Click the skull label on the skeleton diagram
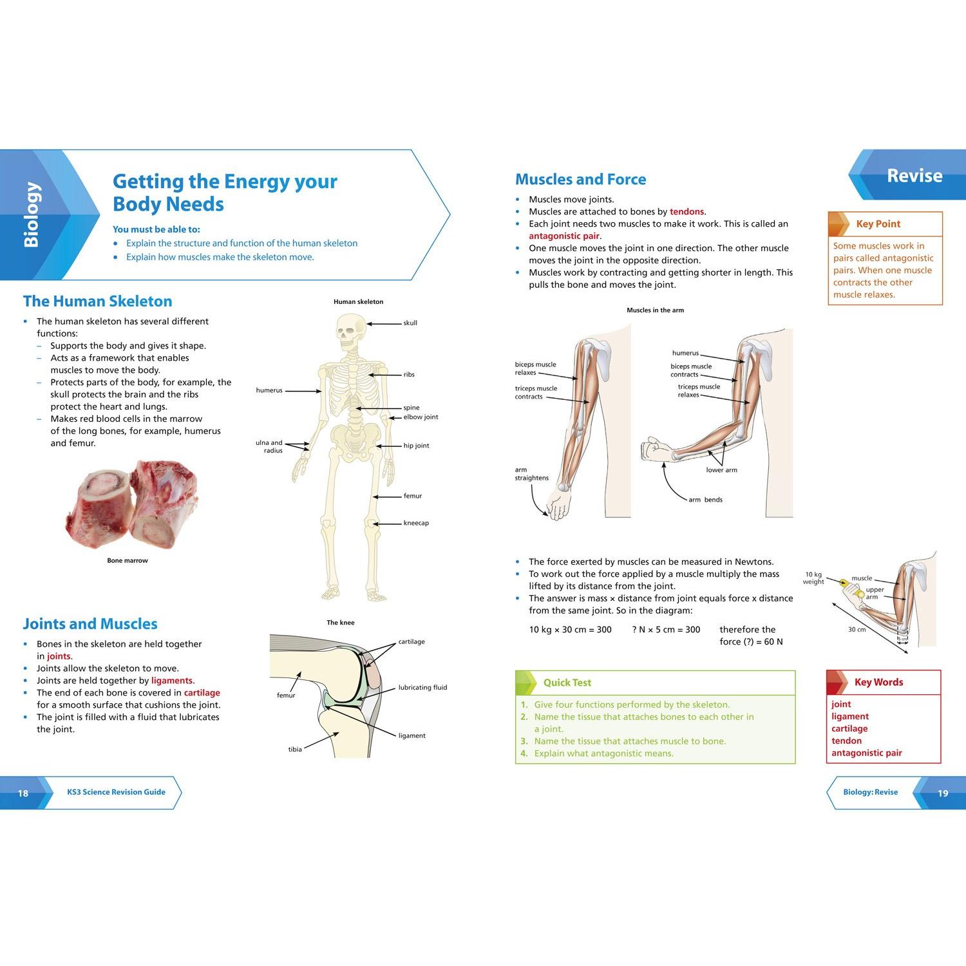(x=410, y=323)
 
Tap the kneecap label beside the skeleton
(x=416, y=523)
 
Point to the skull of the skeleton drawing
(x=351, y=332)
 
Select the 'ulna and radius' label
(x=269, y=446)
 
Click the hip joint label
(x=416, y=446)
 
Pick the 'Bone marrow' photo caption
(x=128, y=560)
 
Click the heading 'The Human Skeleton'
(x=98, y=301)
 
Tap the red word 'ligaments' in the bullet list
(x=172, y=681)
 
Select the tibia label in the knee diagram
(x=295, y=749)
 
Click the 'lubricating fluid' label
(x=422, y=687)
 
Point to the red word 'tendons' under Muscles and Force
(x=687, y=211)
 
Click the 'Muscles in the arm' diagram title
(x=656, y=310)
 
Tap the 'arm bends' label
(x=705, y=500)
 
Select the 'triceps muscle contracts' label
(x=536, y=393)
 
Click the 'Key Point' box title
(x=878, y=224)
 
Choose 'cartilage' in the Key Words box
(x=849, y=728)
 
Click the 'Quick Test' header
(x=567, y=683)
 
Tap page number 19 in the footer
(x=943, y=793)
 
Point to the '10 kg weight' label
(x=813, y=578)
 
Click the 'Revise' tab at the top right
(x=914, y=176)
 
